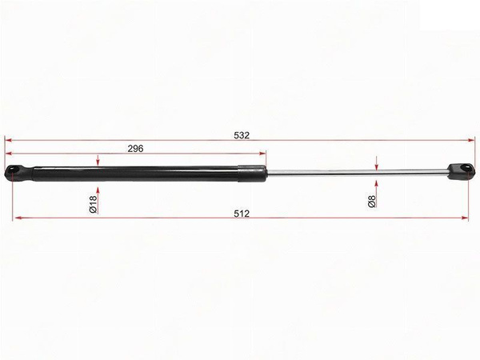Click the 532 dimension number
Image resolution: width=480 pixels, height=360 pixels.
coord(242,135)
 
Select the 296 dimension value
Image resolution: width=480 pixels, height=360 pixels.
coord(135,149)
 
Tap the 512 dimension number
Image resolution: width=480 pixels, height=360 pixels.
coord(242,214)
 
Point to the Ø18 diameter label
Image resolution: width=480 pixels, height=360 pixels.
coord(93,204)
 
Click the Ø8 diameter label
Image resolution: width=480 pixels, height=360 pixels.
coord(372,202)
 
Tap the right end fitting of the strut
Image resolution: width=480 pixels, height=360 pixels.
coord(461,172)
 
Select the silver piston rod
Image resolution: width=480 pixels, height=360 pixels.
coord(357,172)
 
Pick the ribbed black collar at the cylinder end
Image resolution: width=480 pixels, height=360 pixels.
coord(252,174)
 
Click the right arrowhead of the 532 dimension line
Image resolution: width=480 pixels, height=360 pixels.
coord(471,140)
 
